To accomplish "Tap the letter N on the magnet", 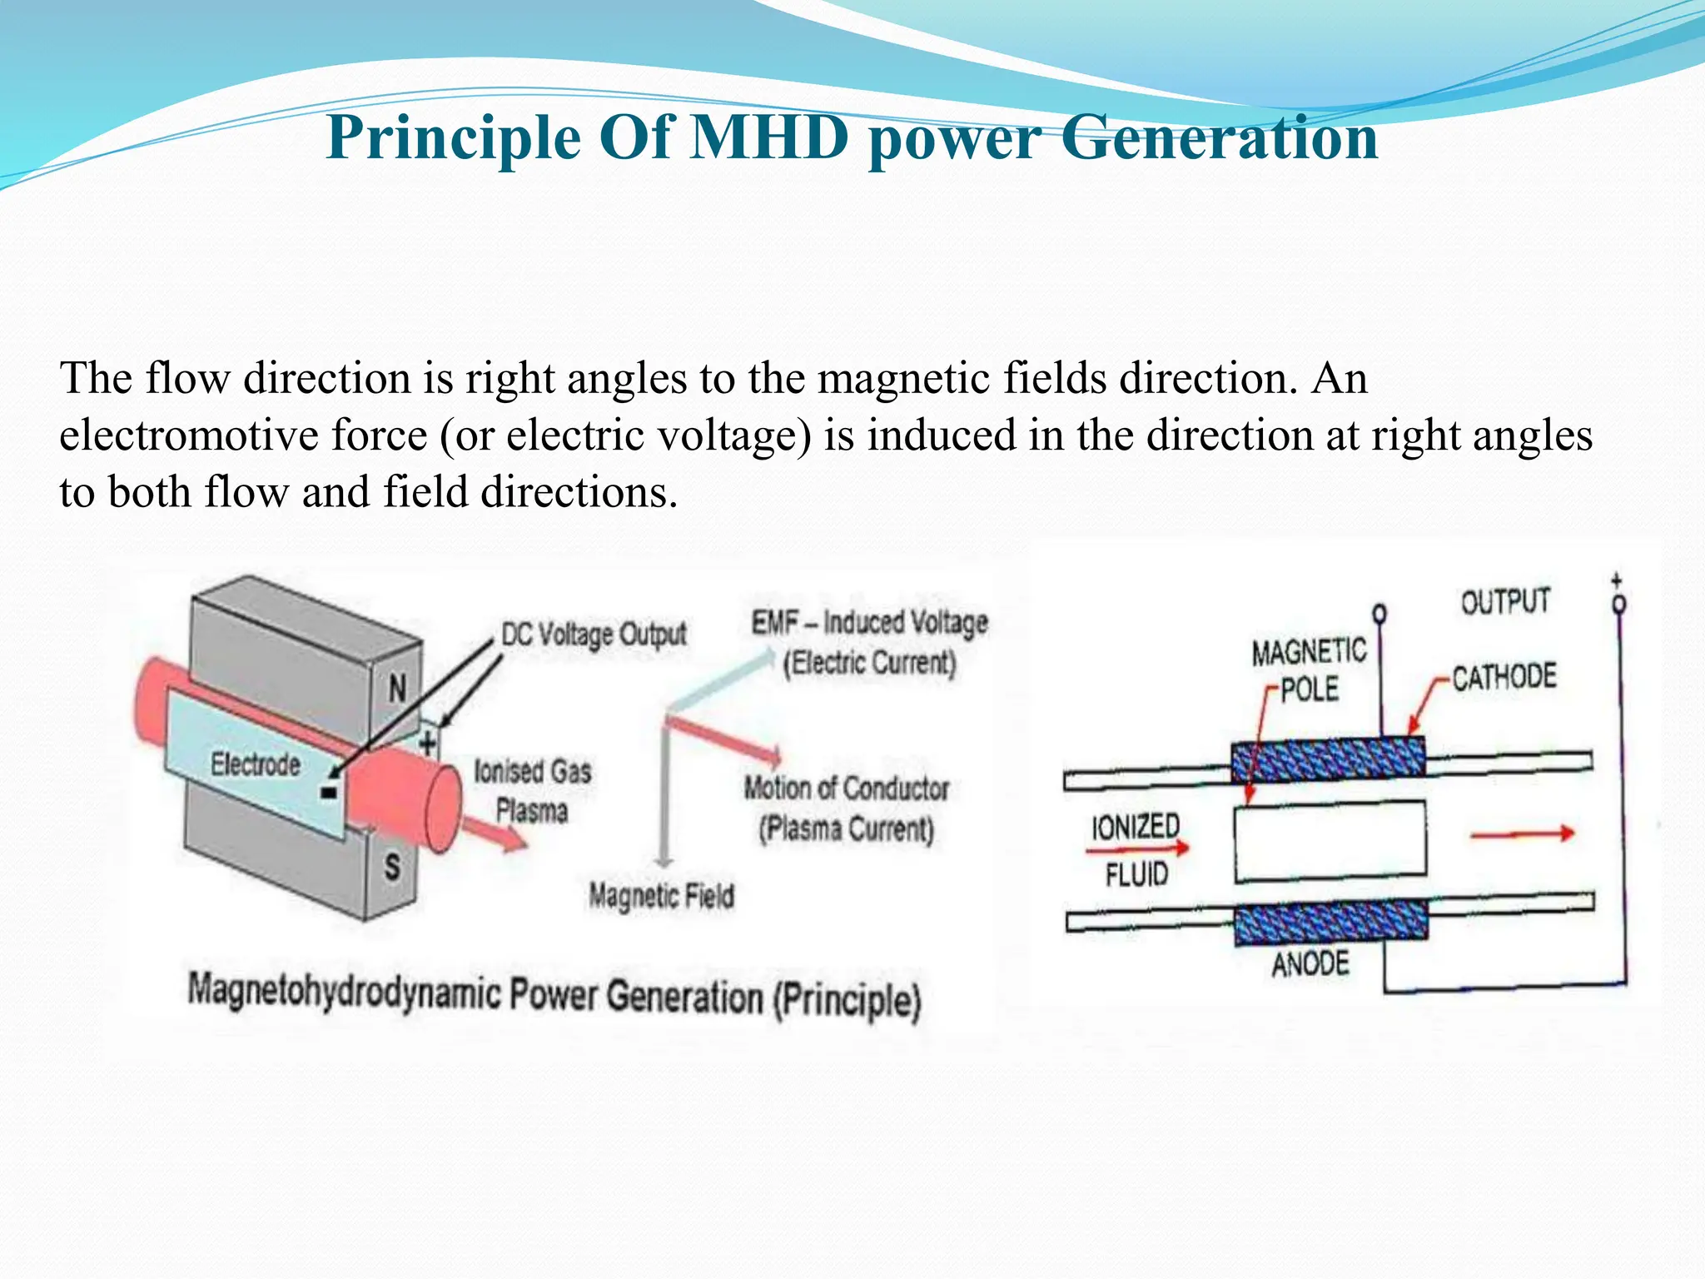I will (x=398, y=688).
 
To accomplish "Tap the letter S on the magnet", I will (x=392, y=867).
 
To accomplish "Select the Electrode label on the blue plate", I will (x=255, y=764).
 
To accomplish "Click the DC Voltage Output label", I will (x=593, y=635).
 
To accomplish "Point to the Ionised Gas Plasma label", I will (x=533, y=790).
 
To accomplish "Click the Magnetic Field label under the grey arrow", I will (x=662, y=896).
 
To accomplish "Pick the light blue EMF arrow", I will (x=721, y=681).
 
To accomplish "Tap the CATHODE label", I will (x=1504, y=677).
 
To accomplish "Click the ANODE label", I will (x=1310, y=964).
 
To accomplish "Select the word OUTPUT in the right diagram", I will (x=1505, y=601).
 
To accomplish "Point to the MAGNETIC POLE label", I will (x=1309, y=669).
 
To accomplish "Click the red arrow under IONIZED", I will (x=1137, y=849).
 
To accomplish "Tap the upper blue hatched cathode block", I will (x=1328, y=759).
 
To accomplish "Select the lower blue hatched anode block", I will (x=1330, y=923).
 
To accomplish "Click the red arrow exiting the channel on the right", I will (x=1522, y=834).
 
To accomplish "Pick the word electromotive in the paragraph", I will (x=242, y=435).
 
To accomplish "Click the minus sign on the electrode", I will (x=329, y=793).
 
